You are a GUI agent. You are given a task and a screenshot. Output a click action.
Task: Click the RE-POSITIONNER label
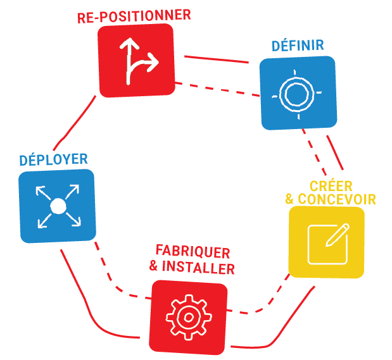133,16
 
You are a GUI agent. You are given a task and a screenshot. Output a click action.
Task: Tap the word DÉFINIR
298,46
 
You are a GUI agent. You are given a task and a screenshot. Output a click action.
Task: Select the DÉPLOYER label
53,159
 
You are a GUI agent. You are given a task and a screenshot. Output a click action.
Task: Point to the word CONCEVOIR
337,199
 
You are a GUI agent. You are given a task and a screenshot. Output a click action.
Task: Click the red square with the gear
188,316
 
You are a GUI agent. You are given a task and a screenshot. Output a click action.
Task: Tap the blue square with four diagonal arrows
57,206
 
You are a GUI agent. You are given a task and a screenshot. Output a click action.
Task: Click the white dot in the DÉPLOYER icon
57,206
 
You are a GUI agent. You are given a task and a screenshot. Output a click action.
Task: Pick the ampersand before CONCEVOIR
290,200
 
